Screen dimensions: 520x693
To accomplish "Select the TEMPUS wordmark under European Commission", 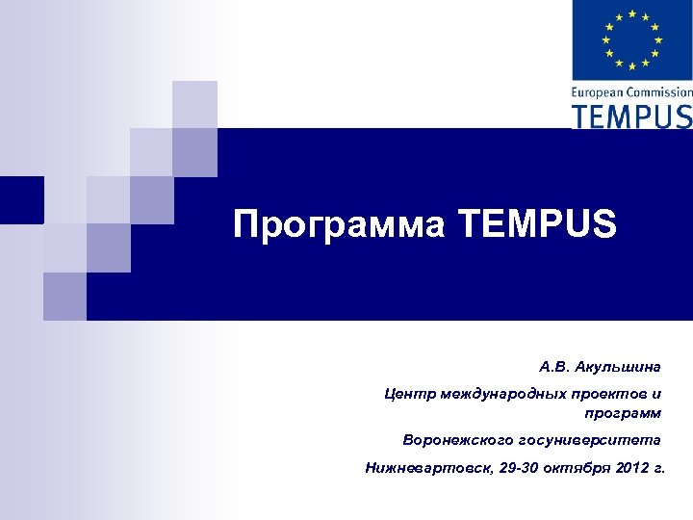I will tap(631, 116).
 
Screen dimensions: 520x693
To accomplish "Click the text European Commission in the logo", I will tap(631, 92).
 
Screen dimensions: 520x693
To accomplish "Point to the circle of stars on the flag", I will tap(631, 39).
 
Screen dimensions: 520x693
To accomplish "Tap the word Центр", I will tap(406, 394).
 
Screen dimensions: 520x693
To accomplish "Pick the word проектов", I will tap(601, 394).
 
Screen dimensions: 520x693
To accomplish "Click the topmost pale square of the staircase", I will tap(193, 104).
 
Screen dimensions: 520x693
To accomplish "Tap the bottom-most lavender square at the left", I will tap(64, 296).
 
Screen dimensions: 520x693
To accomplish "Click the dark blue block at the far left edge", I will tap(21, 199).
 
